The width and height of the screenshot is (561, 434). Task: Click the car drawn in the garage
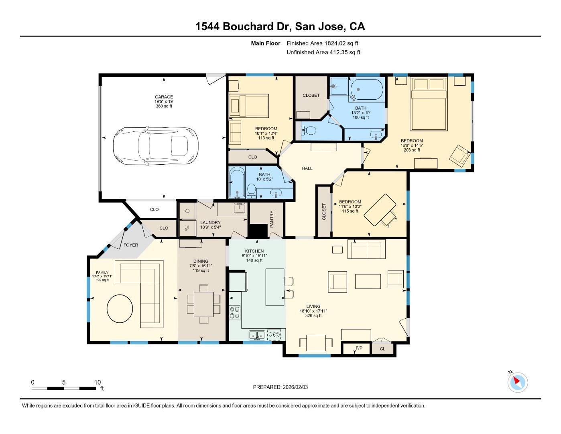coord(156,146)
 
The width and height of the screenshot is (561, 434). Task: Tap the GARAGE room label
coord(164,97)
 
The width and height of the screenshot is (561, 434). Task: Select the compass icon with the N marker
coord(517,382)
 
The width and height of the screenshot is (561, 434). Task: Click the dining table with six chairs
coord(204,304)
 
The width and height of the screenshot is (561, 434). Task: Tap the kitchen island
coord(275,287)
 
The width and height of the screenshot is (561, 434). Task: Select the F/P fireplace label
coord(359,348)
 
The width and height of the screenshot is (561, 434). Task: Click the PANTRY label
coord(272,219)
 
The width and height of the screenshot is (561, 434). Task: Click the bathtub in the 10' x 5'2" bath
coord(237,183)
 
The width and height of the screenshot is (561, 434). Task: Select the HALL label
coord(307,168)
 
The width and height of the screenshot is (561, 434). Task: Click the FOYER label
coord(130,245)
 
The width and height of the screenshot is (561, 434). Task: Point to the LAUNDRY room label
coord(210,223)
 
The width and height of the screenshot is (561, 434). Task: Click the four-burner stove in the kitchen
coord(235,312)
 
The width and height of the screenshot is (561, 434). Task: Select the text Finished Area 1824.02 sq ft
coord(322,43)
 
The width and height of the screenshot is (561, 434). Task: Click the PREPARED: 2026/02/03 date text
coord(280,387)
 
